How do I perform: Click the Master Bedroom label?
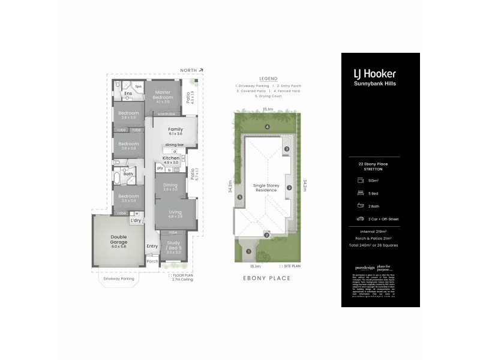pyautogui.click(x=163, y=95)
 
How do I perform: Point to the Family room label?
pyautogui.click(x=175, y=130)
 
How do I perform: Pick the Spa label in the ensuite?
pyautogui.click(x=137, y=86)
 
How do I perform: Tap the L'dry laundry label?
pyautogui.click(x=135, y=221)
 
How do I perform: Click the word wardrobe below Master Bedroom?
pyautogui.click(x=166, y=114)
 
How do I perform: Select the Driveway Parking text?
pyautogui.click(x=117, y=278)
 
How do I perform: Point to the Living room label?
pyautogui.click(x=175, y=212)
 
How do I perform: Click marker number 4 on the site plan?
pyautogui.click(x=267, y=127)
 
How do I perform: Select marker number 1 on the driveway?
pyautogui.click(x=248, y=251)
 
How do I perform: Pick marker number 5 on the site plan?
pyautogui.click(x=239, y=197)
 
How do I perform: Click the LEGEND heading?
pyautogui.click(x=268, y=79)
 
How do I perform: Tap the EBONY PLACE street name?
pyautogui.click(x=266, y=278)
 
